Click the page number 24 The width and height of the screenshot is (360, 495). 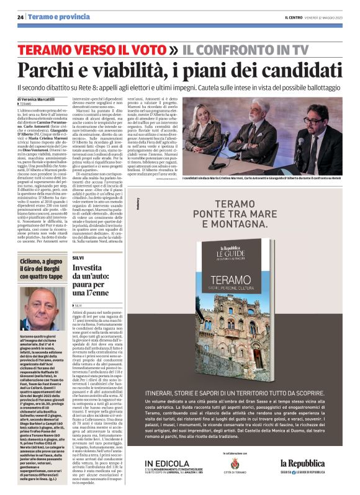pos(20,18)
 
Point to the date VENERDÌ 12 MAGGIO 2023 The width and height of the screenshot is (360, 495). pos(317,18)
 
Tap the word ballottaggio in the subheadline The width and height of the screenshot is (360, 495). pos(322,87)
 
